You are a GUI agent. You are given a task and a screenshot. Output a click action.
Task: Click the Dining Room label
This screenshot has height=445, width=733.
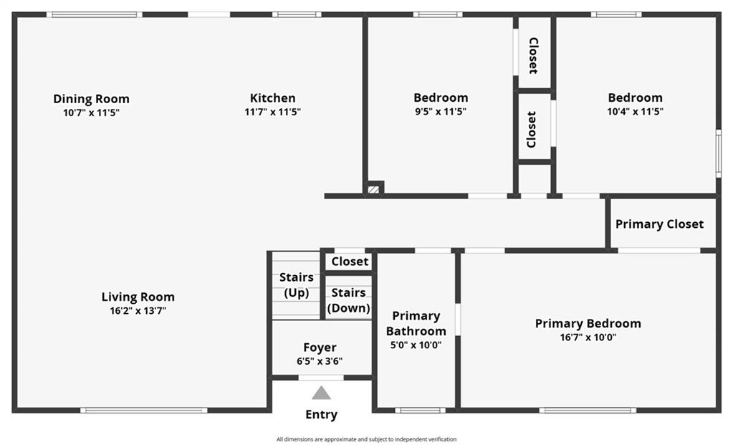point(91,99)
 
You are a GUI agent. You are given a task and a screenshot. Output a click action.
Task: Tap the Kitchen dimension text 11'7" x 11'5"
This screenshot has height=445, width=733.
point(272,112)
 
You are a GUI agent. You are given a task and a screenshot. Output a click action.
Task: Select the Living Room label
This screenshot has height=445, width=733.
point(138,297)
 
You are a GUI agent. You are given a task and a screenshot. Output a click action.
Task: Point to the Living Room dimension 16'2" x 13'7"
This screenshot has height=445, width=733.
point(138,311)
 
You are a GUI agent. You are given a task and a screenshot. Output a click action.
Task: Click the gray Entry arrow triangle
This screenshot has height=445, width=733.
point(321,393)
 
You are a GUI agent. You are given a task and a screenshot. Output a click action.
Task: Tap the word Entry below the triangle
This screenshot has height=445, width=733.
point(321,415)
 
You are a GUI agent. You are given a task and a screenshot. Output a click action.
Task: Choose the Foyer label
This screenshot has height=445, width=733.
point(320,348)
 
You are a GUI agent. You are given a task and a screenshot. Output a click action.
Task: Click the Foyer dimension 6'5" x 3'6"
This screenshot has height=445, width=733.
point(320,361)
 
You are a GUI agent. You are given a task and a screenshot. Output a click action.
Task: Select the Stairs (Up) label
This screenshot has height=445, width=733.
point(297,284)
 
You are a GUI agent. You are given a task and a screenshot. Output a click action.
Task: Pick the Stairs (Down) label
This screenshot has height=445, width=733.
point(349,300)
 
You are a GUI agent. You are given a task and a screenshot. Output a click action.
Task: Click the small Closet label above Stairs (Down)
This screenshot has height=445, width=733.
point(350,262)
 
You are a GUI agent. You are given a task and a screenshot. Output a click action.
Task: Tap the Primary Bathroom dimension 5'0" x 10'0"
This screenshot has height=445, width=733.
point(416,345)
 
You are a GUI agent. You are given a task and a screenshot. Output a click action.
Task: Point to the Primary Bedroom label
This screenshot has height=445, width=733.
point(588,323)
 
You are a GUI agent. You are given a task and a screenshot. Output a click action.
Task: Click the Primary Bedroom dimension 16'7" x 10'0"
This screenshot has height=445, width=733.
point(588,338)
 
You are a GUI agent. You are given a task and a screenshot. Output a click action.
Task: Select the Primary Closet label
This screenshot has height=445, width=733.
point(659,224)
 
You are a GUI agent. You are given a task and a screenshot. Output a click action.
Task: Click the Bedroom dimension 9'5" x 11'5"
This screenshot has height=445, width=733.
point(441,112)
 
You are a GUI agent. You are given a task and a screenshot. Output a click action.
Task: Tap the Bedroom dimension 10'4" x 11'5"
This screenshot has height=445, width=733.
point(636,112)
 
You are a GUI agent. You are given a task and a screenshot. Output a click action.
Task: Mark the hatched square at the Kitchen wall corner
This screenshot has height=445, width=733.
point(373,189)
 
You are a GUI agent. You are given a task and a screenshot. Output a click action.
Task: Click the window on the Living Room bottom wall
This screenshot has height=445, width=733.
point(143,411)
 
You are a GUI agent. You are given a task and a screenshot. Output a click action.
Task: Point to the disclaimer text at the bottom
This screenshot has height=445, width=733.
point(367,439)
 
